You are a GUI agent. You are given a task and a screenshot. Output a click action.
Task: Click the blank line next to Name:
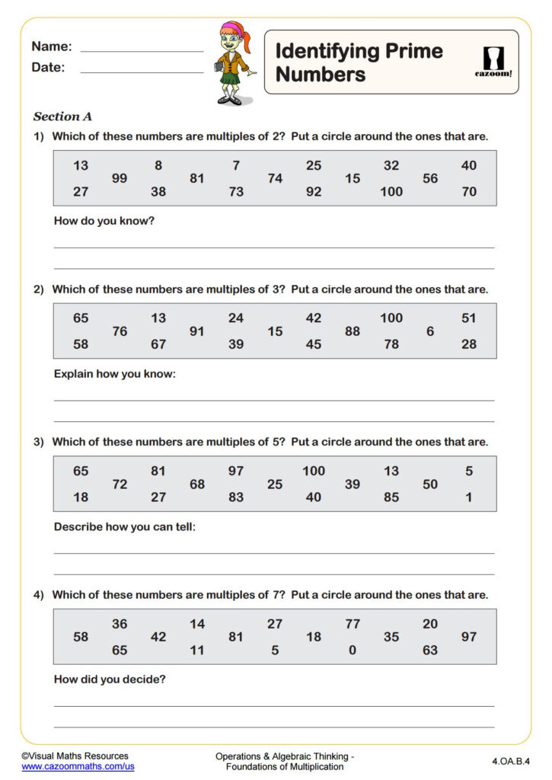pos(142,50)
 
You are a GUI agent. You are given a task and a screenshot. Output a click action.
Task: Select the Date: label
pos(48,68)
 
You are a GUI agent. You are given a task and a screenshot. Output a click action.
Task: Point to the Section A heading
pos(62,117)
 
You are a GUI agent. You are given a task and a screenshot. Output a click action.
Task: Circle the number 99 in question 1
pos(120,179)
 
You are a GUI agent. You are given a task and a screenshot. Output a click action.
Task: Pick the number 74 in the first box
pos(275,179)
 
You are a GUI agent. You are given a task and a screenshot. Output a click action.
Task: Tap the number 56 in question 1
pos(430,179)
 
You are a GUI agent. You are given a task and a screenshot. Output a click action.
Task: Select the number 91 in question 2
pos(197,331)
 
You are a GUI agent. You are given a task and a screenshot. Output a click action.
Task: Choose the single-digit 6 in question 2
pos(430,331)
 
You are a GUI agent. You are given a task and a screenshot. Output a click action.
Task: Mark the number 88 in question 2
pos(353,331)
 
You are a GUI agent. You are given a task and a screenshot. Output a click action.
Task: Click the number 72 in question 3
pos(120,484)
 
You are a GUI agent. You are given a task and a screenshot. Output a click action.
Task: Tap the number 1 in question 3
pos(469,497)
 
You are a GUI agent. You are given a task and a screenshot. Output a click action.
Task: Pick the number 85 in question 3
pos(391,497)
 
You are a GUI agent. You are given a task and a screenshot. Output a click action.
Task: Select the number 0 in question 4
pos(353,651)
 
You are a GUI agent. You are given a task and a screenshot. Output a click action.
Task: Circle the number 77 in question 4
pos(353,624)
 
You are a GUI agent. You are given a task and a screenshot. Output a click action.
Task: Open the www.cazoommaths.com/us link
pos(78,767)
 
